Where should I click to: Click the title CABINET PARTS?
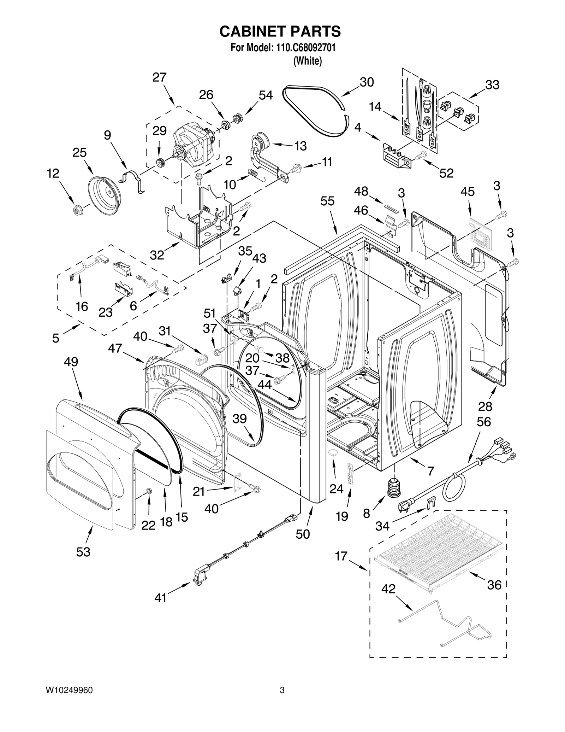click(280, 31)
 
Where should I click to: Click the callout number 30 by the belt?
click(367, 82)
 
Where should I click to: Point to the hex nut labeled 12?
click(76, 210)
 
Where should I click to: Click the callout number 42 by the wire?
click(388, 589)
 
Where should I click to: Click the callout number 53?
click(83, 552)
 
